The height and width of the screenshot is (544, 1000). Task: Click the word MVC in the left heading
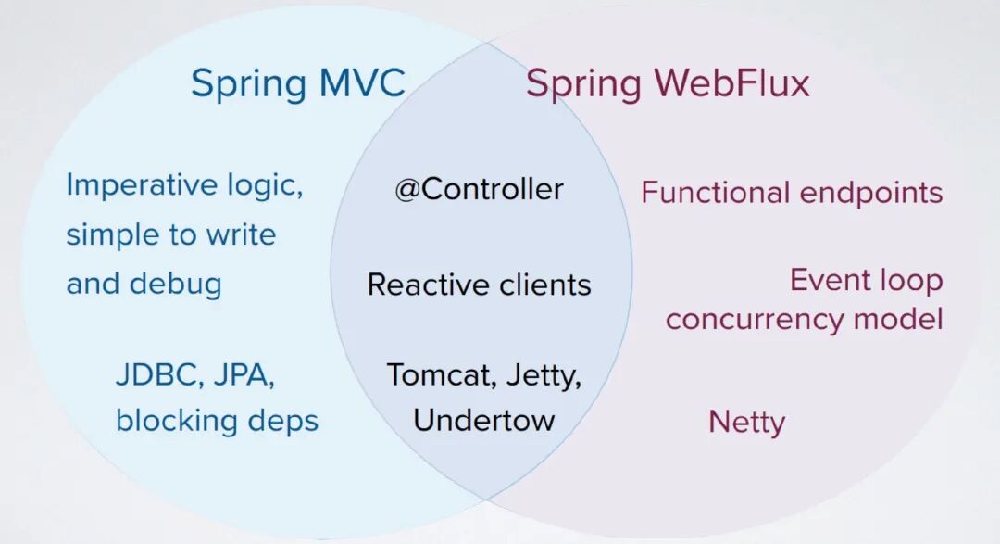(362, 83)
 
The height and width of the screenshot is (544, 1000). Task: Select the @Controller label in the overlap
(479, 190)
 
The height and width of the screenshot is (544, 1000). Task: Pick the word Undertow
(483, 420)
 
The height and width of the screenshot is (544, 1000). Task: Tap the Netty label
(746, 423)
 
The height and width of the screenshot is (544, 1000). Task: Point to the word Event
(829, 280)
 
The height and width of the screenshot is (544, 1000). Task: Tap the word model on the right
(899, 320)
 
